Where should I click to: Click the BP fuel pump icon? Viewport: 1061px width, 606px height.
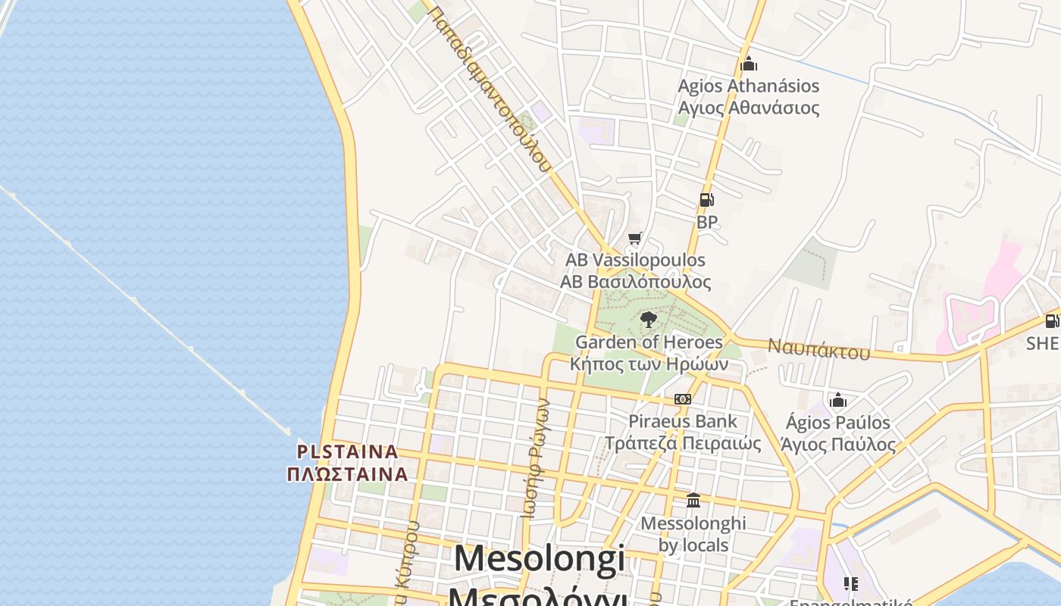pos(706,200)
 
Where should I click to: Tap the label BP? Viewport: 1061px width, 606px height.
pos(707,222)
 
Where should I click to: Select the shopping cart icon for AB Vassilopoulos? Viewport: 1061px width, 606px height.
pos(635,239)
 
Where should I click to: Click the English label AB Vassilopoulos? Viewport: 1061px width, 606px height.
pos(635,260)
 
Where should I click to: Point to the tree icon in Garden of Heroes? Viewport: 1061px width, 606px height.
pos(648,320)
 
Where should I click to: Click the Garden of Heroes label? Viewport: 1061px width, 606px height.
pos(649,342)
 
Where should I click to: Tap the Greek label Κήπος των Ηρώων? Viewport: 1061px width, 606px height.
pos(649,364)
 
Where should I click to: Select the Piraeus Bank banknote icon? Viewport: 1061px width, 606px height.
pos(682,399)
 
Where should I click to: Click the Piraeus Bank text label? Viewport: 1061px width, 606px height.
pos(682,421)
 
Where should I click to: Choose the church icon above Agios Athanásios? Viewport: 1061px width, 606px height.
pos(749,64)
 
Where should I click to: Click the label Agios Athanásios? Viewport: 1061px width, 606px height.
pos(748,86)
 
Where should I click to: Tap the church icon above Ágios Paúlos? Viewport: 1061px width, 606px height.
pos(838,400)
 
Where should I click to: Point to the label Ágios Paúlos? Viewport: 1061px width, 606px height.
pos(837,422)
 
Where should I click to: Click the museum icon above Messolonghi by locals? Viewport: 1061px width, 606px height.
pos(693,501)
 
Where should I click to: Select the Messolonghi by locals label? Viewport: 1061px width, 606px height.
pos(693,533)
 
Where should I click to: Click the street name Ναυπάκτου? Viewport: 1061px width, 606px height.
pos(818,349)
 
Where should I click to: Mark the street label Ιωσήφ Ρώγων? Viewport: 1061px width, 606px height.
pos(536,458)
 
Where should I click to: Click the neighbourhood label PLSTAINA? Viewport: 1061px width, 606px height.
pos(347,451)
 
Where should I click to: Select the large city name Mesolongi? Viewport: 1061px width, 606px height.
pos(540,559)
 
